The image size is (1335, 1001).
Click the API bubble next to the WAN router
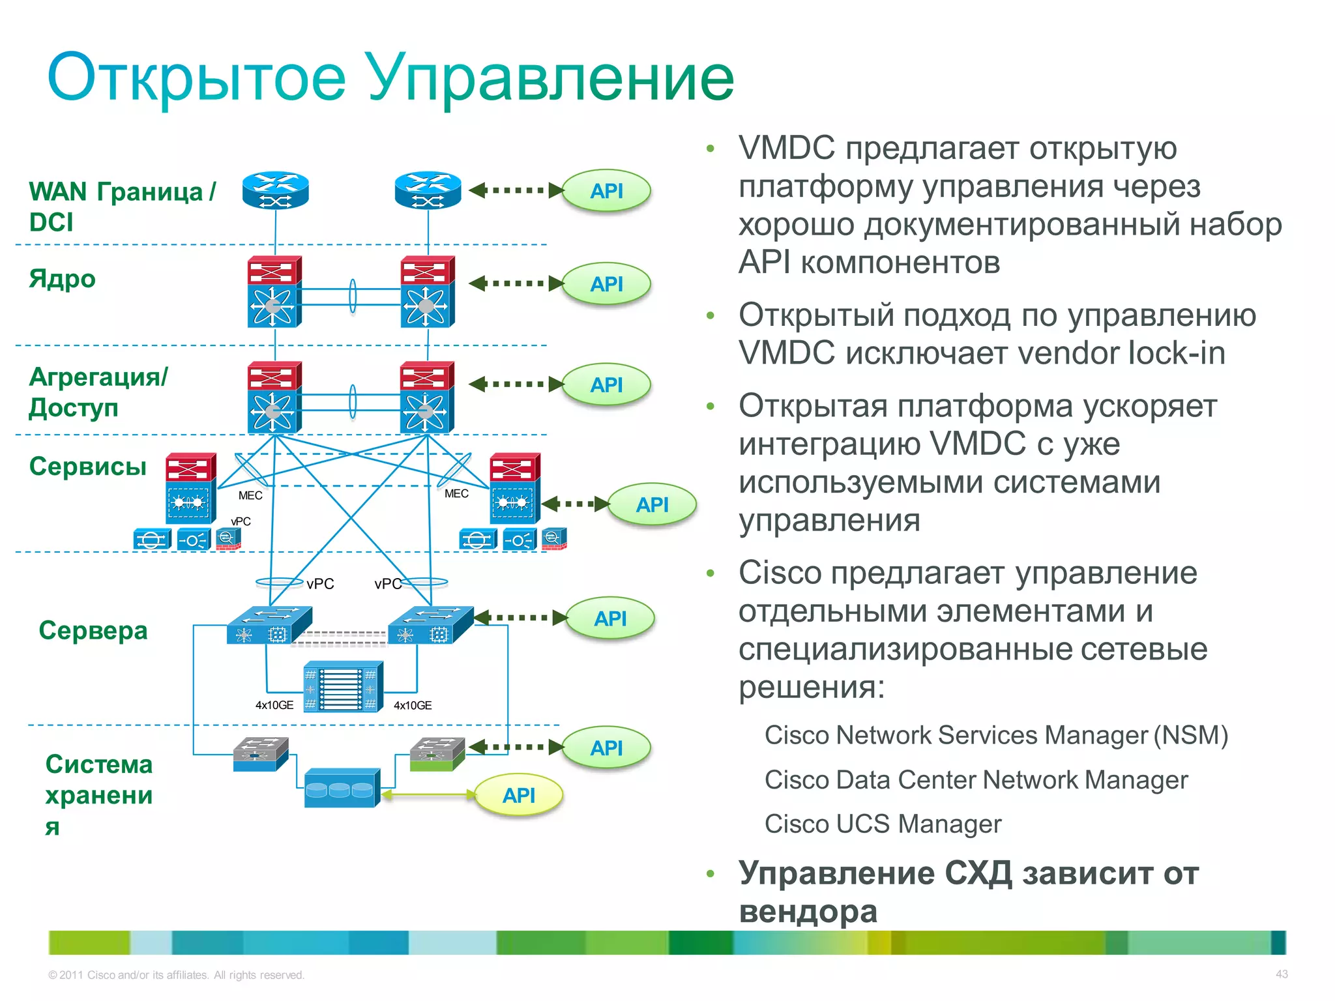pos(606,191)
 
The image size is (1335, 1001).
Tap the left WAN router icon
pos(275,191)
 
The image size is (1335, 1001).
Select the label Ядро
pos(62,279)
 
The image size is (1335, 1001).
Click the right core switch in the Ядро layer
pos(427,291)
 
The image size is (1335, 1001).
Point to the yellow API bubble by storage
pos(518,795)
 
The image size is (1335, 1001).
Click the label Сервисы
pos(87,467)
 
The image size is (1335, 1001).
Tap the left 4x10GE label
pos(274,705)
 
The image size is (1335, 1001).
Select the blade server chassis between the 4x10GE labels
pos(343,687)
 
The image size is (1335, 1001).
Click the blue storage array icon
pos(342,788)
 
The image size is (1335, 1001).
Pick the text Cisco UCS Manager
pos(883,824)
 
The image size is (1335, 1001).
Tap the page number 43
pos(1282,974)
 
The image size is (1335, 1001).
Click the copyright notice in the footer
pos(176,975)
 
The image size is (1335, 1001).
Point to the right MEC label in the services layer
pos(456,494)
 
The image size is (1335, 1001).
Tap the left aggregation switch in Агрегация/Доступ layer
pos(274,398)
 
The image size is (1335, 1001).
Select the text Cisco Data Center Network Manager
pos(976,780)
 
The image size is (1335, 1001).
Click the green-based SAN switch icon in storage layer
pos(437,755)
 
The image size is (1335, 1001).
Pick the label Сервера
pos(93,631)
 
